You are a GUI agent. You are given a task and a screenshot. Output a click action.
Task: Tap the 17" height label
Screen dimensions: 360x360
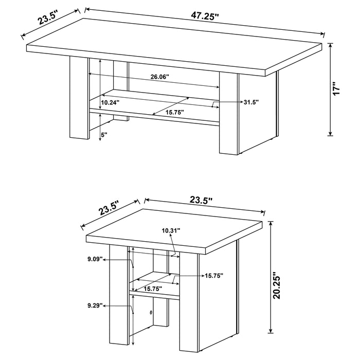(x=337, y=88)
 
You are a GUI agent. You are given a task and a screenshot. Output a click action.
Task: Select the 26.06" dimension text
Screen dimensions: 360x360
(x=160, y=77)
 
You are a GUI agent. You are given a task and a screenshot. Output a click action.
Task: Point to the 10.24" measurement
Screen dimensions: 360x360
(x=110, y=102)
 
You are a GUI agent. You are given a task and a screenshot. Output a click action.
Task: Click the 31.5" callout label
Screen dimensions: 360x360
(x=251, y=102)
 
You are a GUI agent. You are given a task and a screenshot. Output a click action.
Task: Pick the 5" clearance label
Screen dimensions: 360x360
(x=104, y=135)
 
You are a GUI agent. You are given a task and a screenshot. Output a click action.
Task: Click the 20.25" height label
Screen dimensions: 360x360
(x=278, y=285)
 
